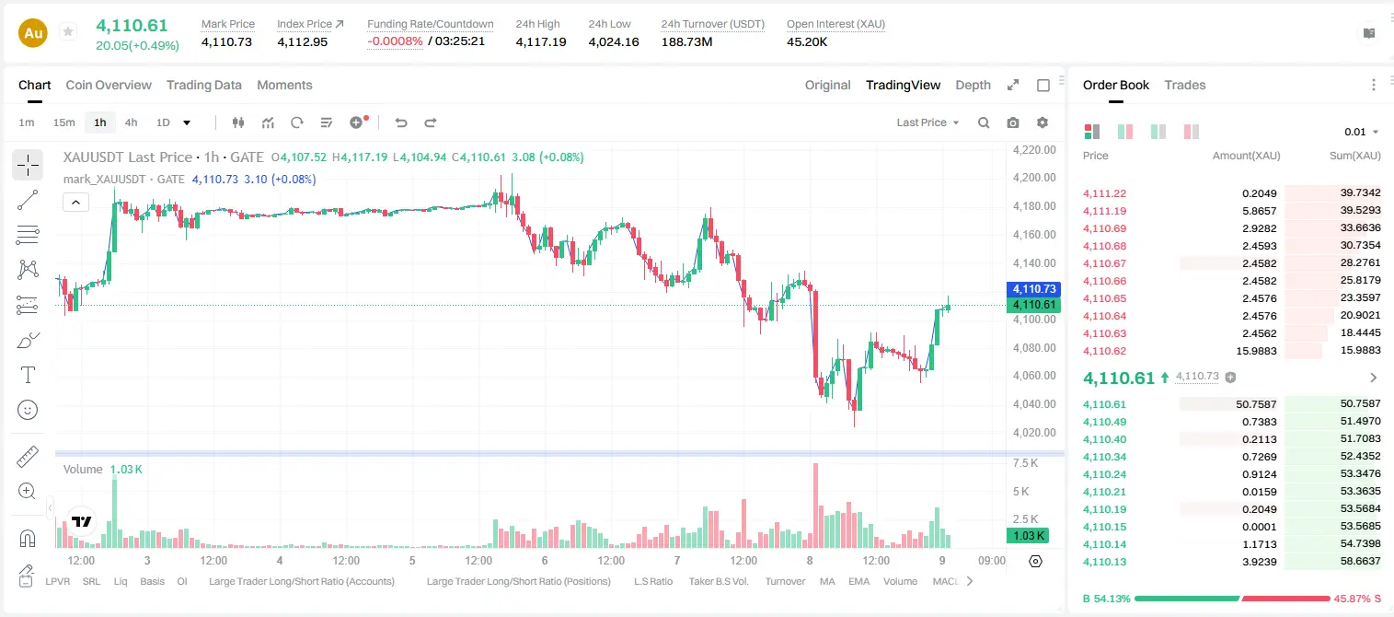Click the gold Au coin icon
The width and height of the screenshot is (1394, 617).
(33, 33)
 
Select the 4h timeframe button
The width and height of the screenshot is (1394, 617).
(131, 122)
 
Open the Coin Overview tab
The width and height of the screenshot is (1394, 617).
(109, 85)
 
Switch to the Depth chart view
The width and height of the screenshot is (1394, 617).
(973, 85)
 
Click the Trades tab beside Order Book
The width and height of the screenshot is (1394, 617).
(1185, 85)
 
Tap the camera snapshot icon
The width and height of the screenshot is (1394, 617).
(1013, 122)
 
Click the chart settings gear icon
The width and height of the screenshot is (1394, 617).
(1043, 122)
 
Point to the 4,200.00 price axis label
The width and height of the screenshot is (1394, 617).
(1034, 178)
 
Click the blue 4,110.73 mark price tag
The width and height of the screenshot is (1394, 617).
(1033, 289)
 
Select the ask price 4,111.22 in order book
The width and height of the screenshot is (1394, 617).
(1105, 193)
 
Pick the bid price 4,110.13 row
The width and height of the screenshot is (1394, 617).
(1105, 562)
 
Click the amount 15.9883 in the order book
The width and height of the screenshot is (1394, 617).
(1256, 351)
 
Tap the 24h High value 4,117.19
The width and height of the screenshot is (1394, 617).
(541, 41)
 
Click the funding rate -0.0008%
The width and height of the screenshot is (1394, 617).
(395, 41)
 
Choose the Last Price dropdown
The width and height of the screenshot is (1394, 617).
(927, 122)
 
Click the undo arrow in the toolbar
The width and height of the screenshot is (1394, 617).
(401, 122)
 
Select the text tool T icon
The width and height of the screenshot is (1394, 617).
(28, 375)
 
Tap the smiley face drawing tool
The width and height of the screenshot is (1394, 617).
(28, 410)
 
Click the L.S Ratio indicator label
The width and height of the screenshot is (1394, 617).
(652, 581)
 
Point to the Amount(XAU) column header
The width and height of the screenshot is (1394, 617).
(1246, 156)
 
